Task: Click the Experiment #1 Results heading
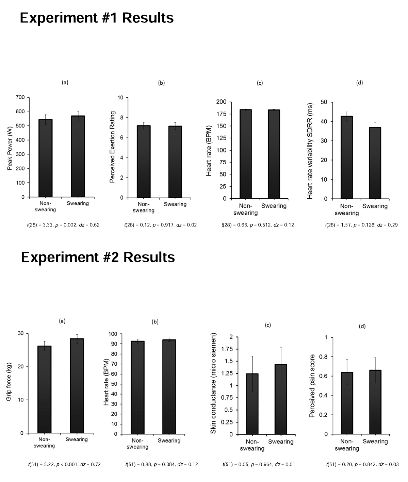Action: (x=97, y=18)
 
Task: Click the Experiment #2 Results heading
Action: (x=98, y=257)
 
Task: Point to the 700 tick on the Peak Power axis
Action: (x=20, y=97)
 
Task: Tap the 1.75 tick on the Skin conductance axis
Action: (x=226, y=349)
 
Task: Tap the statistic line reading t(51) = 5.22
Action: (x=64, y=464)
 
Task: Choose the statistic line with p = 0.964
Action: (x=259, y=464)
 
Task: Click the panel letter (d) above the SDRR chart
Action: (x=359, y=83)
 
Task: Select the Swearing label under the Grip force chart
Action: (x=77, y=439)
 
